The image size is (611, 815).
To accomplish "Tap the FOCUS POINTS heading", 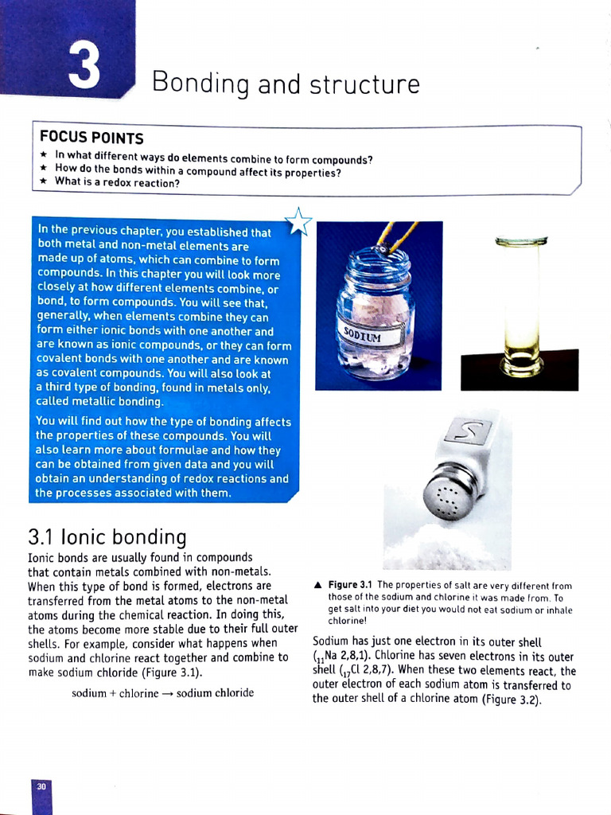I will coord(91,139).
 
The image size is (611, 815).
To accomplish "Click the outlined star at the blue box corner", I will coord(298,221).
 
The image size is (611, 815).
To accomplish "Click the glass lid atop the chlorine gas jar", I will coord(521,241).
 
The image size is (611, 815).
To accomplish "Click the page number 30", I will coord(41,786).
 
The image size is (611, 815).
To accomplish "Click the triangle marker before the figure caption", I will coord(318,586).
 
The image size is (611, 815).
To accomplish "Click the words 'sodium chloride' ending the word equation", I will coord(215,693).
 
